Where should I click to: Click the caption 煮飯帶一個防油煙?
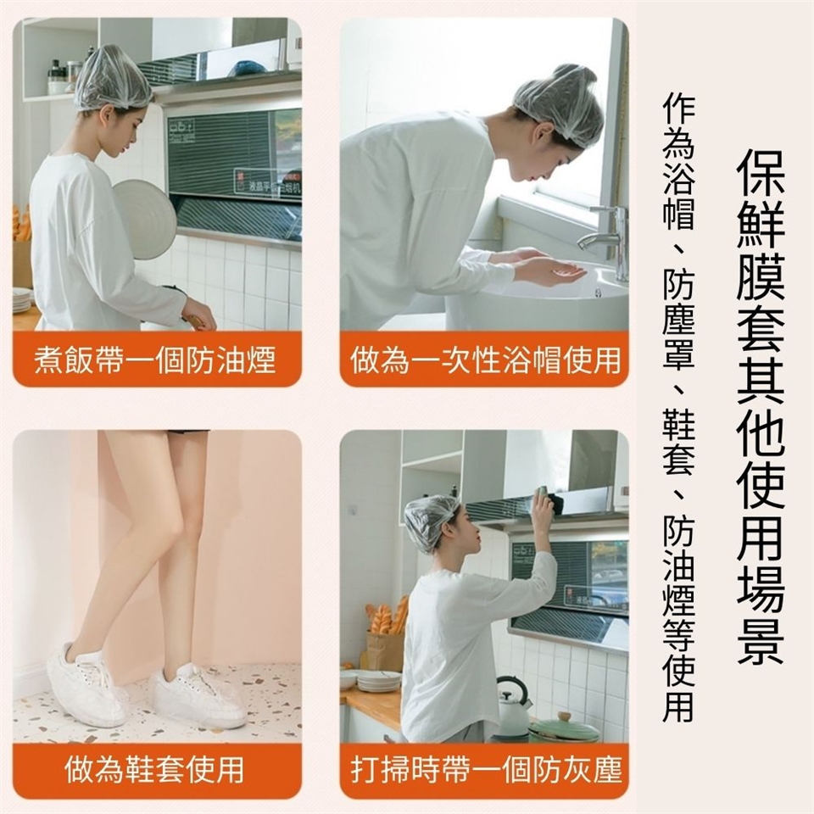(154, 360)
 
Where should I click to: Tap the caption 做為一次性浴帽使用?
(485, 360)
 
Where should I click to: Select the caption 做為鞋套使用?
(154, 769)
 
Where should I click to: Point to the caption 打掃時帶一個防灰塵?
(485, 769)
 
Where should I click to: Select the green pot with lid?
(563, 727)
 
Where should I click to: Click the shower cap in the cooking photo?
(113, 78)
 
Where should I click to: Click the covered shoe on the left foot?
(86, 684)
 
